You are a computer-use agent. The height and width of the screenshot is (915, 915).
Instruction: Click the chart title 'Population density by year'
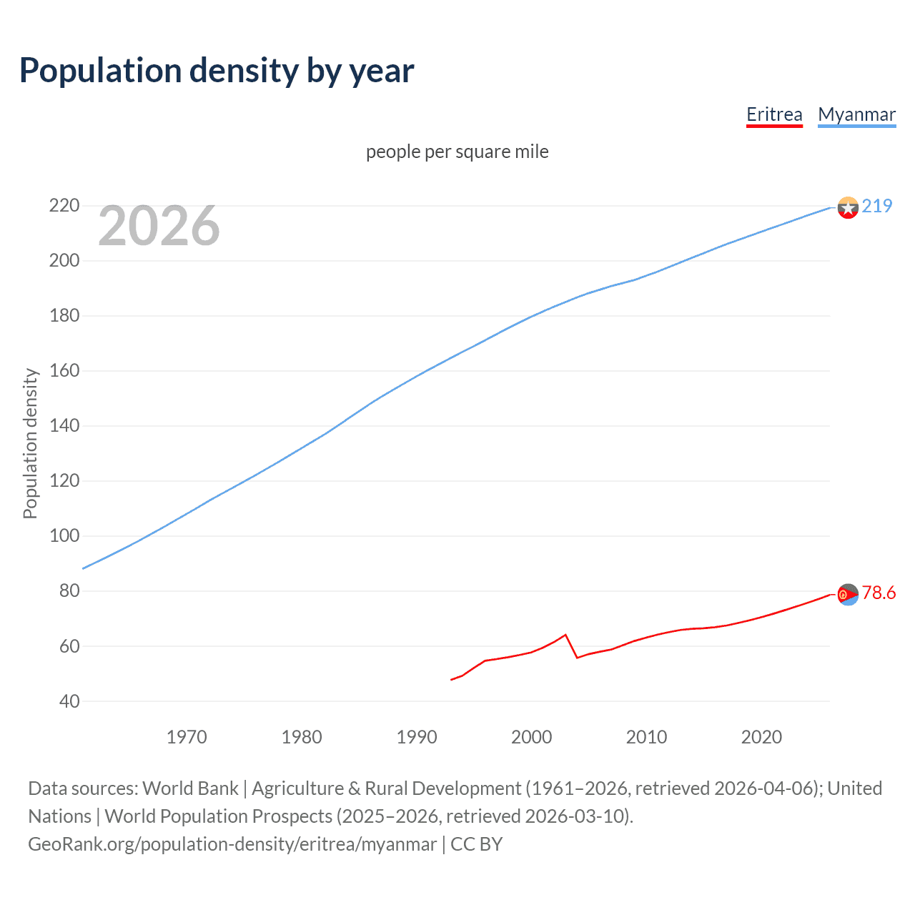[217, 71]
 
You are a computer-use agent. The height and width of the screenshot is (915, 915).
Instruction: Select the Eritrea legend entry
[774, 114]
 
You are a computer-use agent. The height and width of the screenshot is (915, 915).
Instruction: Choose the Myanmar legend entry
[856, 114]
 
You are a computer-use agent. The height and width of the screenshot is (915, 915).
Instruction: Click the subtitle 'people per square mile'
[457, 152]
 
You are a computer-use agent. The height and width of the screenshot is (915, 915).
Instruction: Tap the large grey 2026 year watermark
[159, 226]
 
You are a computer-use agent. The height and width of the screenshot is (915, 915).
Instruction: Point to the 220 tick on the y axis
[64, 206]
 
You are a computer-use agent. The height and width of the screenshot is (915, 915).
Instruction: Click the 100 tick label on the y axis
[64, 535]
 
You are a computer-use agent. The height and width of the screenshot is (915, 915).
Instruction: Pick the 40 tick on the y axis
[69, 701]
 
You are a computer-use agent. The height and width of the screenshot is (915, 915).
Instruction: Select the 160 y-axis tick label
[64, 370]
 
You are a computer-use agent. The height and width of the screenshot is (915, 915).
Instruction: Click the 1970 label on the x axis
[187, 737]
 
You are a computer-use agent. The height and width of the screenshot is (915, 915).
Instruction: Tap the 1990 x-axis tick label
[417, 737]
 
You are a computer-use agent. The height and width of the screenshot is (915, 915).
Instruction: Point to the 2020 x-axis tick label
[761, 737]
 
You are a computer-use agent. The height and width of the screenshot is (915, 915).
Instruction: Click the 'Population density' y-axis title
[30, 443]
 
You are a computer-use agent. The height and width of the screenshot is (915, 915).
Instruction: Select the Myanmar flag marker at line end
[847, 207]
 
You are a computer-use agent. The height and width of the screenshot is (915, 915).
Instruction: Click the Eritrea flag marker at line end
[847, 594]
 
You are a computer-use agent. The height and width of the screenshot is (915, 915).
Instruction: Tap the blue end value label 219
[877, 206]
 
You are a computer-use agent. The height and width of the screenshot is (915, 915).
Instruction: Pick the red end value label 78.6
[879, 593]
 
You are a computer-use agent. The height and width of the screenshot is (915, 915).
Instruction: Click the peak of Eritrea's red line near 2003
[565, 635]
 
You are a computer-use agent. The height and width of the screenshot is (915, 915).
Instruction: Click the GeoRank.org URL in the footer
[232, 844]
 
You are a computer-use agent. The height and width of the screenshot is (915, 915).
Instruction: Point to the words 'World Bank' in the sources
[190, 788]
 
